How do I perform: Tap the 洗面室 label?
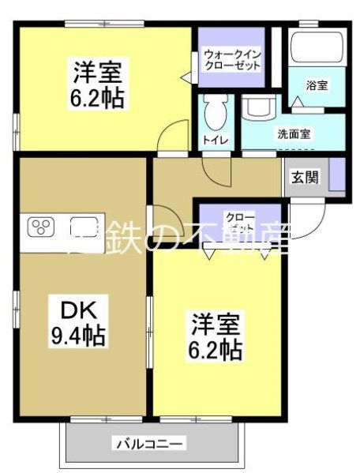click(x=294, y=133)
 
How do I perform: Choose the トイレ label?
click(x=216, y=140)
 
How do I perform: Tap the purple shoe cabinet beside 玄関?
click(x=337, y=175)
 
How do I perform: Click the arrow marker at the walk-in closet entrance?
click(x=187, y=77)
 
